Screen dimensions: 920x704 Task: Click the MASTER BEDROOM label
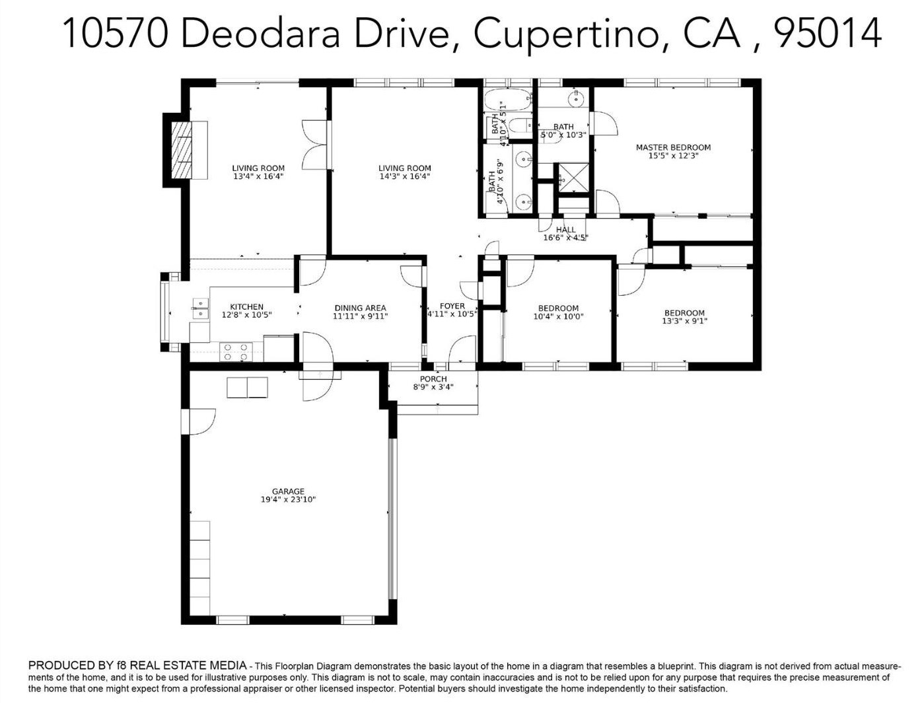coord(673,147)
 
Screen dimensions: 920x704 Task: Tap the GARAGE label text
coord(288,491)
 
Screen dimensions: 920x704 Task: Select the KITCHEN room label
coord(246,306)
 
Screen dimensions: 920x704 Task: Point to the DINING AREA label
coord(360,308)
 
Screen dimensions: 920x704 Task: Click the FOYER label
coord(452,306)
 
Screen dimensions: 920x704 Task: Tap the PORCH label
coord(433,379)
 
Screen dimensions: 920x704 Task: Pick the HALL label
coord(566,230)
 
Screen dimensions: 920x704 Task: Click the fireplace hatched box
coord(182,150)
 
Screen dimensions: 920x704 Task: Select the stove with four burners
coord(236,352)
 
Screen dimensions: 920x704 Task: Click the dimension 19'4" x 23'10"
coord(288,499)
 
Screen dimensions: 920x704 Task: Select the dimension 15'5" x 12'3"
coord(673,155)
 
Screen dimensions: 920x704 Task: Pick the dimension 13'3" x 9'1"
coord(684,322)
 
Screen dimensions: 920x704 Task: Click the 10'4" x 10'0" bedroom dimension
coord(558,316)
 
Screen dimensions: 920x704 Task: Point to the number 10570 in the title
coord(116,33)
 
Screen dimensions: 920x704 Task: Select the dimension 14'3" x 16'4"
coord(404,176)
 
